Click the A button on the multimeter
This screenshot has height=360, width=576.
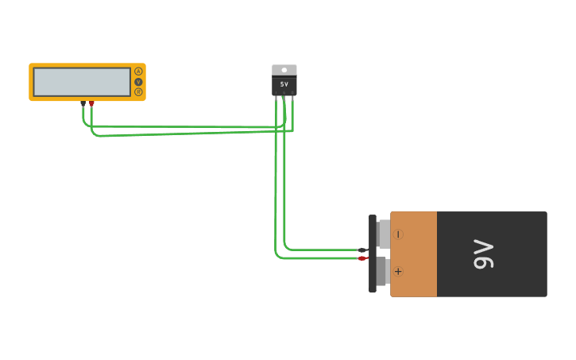click(138, 72)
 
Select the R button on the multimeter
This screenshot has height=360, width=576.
click(138, 92)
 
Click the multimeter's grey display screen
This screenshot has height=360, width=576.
click(82, 82)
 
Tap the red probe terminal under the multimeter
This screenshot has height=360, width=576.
click(91, 103)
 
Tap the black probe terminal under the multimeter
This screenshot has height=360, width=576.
click(83, 103)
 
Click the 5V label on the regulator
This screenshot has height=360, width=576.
click(284, 84)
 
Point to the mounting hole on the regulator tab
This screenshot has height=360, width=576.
click(284, 70)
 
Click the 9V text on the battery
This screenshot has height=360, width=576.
click(483, 254)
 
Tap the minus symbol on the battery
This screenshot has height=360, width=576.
click(398, 234)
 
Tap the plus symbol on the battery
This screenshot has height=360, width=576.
click(398, 272)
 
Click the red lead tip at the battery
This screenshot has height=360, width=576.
click(362, 258)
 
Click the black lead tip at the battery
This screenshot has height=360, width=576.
click(362, 250)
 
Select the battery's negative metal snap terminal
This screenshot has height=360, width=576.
click(384, 234)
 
